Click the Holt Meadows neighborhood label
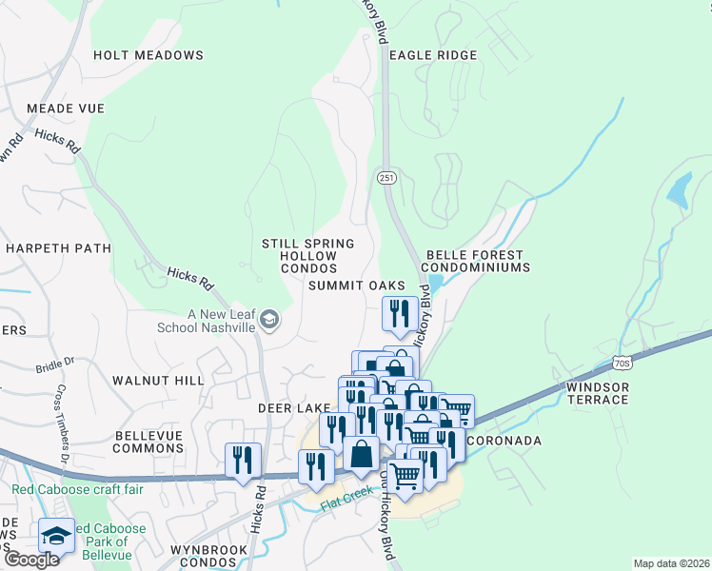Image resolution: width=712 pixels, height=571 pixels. [x=148, y=55]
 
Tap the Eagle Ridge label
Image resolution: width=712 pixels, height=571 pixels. [x=432, y=55]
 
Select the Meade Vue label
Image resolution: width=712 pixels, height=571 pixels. [x=66, y=108]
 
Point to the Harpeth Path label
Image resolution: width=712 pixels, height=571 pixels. [x=58, y=248]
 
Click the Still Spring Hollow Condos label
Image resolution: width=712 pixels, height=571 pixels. [x=308, y=257]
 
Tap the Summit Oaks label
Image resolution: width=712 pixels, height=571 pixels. [x=356, y=285]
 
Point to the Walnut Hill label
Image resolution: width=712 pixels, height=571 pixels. [x=158, y=381]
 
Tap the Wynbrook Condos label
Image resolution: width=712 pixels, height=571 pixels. [x=208, y=556]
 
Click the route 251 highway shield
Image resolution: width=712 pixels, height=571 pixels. [x=386, y=177]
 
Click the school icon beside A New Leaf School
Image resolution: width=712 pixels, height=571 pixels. [x=269, y=320]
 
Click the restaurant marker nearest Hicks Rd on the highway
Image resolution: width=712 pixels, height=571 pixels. [x=243, y=460]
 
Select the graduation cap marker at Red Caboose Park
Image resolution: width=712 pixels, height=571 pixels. [x=56, y=535]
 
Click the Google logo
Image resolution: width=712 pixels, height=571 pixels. [x=31, y=560]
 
